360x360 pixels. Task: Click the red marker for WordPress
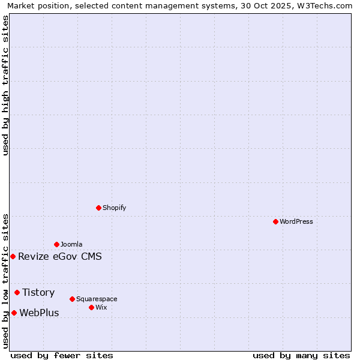(275, 221)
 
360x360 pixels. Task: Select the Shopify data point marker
(98, 208)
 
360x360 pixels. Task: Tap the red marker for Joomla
(56, 244)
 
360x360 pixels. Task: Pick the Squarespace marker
(72, 299)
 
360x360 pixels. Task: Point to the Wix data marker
(91, 307)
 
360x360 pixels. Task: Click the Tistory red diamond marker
(17, 292)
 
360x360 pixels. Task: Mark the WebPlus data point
(14, 313)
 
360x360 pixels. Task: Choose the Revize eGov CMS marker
(13, 256)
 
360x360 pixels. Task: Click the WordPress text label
(296, 221)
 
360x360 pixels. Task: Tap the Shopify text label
(114, 208)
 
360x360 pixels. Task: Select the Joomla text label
(71, 244)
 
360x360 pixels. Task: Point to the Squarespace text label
(97, 299)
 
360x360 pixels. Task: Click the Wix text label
(101, 307)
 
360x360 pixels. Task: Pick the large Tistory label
(38, 292)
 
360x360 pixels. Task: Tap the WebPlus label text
(39, 313)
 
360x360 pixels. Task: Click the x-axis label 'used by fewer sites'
(62, 355)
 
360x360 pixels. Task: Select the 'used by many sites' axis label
(301, 355)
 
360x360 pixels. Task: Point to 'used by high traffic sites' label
(5, 86)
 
